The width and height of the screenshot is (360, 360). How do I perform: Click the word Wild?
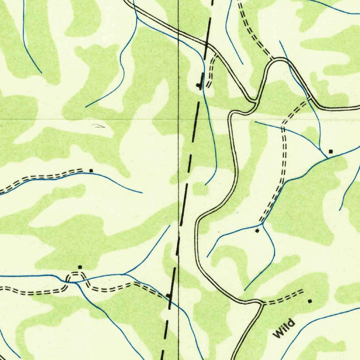pyautogui.click(x=284, y=328)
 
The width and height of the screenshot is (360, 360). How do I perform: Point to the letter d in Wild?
pyautogui.click(x=291, y=322)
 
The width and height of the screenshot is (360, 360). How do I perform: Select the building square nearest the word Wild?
pyautogui.click(x=310, y=301)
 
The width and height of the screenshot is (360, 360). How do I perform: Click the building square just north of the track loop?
pyautogui.click(x=80, y=267)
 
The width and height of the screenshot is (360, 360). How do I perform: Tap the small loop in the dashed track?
pyautogui.click(x=75, y=277)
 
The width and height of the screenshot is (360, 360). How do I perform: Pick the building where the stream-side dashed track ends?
pyautogui.click(x=91, y=171)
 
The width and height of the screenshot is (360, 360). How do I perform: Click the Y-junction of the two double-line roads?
pyautogui.click(x=254, y=102)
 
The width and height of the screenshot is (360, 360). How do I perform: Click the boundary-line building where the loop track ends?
pyautogui.click(x=168, y=295)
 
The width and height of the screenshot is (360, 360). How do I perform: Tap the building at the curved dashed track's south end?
pyautogui.click(x=257, y=231)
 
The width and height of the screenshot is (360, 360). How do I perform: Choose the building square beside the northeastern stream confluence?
pyautogui.click(x=330, y=152)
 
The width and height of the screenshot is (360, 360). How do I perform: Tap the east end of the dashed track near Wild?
pyautogui.click(x=302, y=291)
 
